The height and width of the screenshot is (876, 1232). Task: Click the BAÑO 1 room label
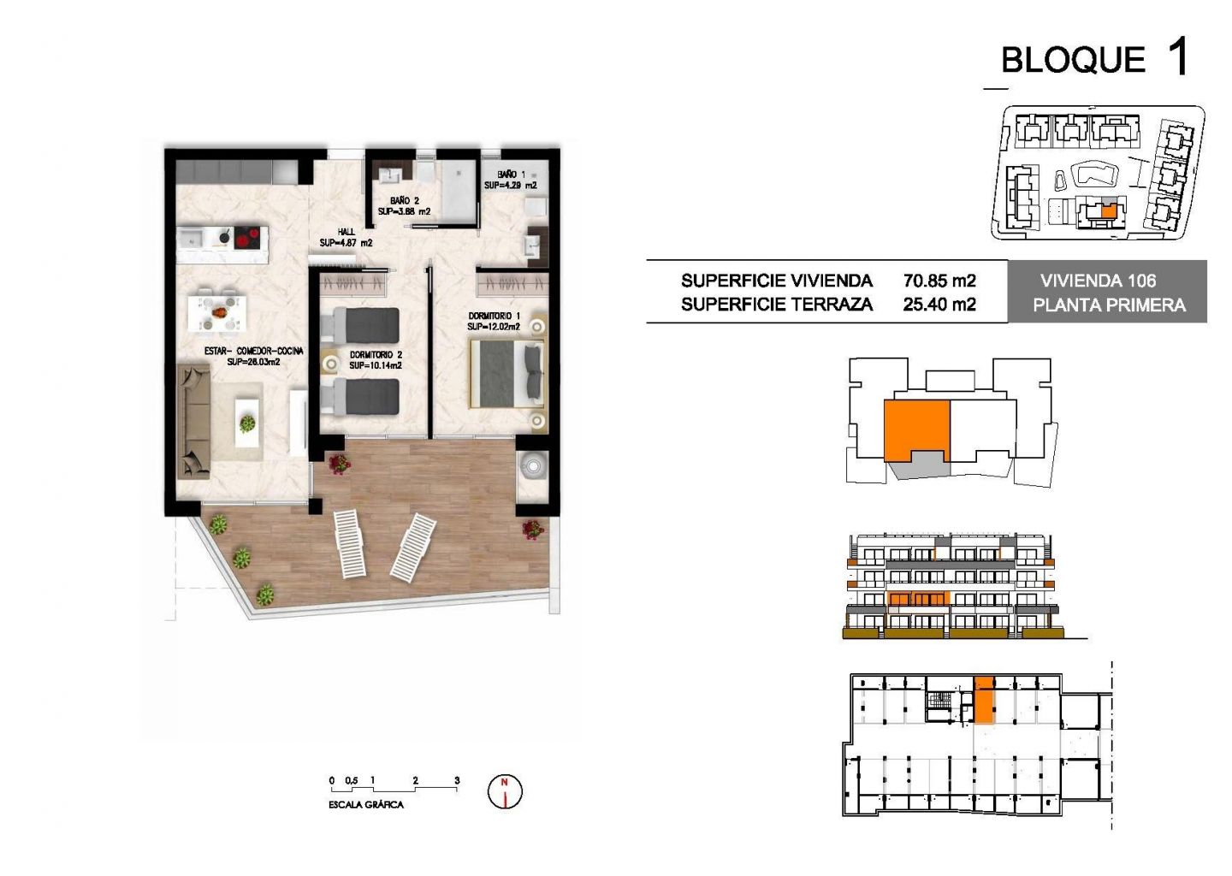pyautogui.click(x=511, y=181)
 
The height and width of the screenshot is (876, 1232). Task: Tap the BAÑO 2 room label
pyautogui.click(x=404, y=206)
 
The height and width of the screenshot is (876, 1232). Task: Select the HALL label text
pyautogui.click(x=346, y=237)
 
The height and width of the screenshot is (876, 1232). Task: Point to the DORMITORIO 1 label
pyautogui.click(x=494, y=321)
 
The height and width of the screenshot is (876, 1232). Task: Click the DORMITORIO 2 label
pyautogui.click(x=376, y=360)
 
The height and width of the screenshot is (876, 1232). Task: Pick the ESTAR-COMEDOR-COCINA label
pyautogui.click(x=253, y=357)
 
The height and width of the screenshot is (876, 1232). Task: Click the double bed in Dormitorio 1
pyautogui.click(x=506, y=373)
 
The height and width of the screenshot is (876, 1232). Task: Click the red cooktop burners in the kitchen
pyautogui.click(x=247, y=238)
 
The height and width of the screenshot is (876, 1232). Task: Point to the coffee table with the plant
pyautogui.click(x=247, y=423)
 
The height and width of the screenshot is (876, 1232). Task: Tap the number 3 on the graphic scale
pyautogui.click(x=457, y=780)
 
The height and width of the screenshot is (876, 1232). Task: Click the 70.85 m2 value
pyautogui.click(x=939, y=281)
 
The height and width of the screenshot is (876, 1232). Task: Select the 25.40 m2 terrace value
pyautogui.click(x=939, y=304)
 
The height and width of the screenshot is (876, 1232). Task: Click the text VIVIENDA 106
pyautogui.click(x=1098, y=281)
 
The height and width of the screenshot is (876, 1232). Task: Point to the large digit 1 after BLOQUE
pyautogui.click(x=1177, y=56)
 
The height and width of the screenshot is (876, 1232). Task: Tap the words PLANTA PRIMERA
pyautogui.click(x=1109, y=305)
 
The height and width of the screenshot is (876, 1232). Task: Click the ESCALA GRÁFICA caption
pyautogui.click(x=366, y=804)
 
